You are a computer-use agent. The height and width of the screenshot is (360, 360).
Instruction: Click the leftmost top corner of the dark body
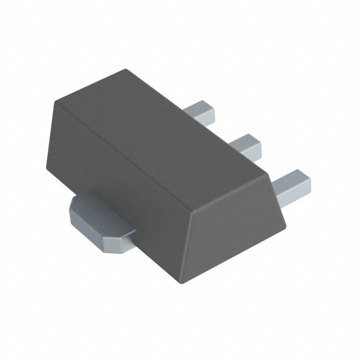[x=55, y=102]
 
